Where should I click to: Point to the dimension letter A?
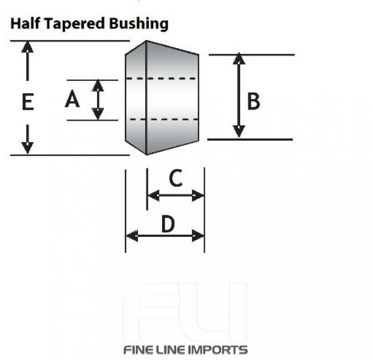click(72, 100)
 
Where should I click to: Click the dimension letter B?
click(254, 101)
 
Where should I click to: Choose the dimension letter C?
click(175, 178)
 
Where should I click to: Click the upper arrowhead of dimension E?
click(27, 47)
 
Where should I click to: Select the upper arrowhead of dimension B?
click(239, 59)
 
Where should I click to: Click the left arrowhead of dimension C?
click(153, 195)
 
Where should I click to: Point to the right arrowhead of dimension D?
click(198, 236)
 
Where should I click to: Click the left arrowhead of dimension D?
click(132, 236)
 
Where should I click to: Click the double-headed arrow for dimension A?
click(98, 100)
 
